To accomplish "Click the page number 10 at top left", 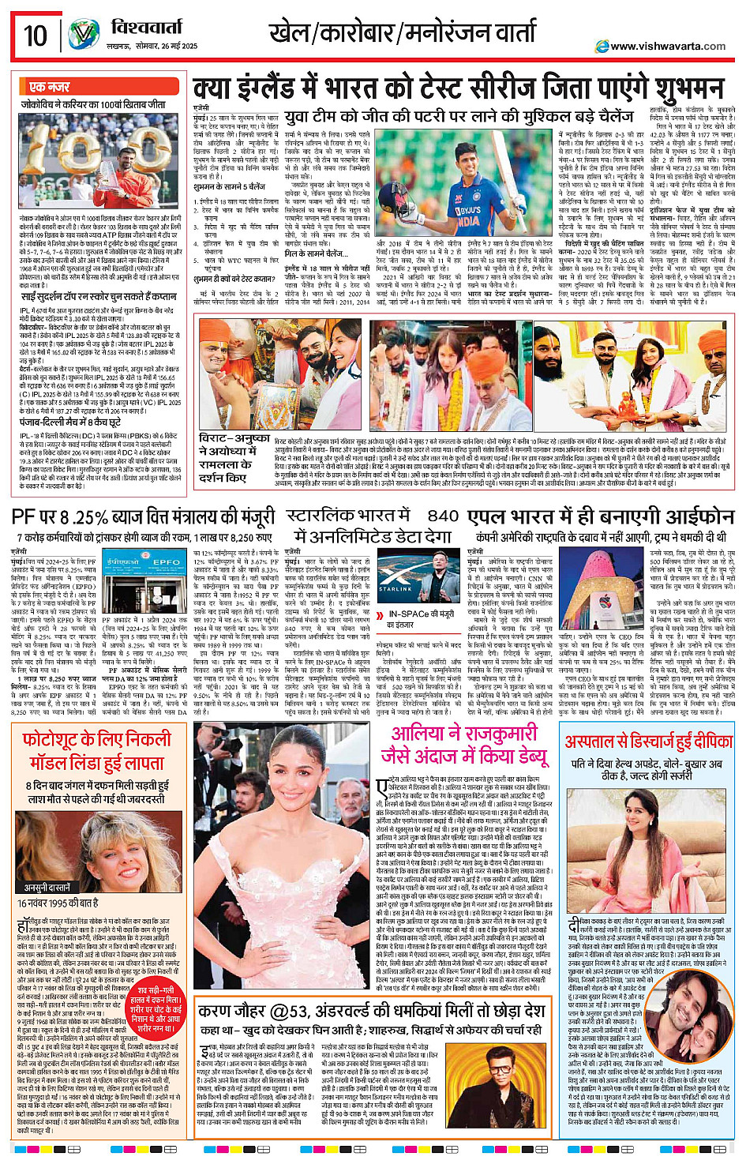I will coord(36,36).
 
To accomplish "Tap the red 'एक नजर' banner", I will coord(50,86).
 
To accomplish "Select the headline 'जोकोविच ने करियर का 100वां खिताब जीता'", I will coord(93,104).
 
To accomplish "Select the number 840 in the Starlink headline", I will coord(443,516).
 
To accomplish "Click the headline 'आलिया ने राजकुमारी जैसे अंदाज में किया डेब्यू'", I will coord(463,745).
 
